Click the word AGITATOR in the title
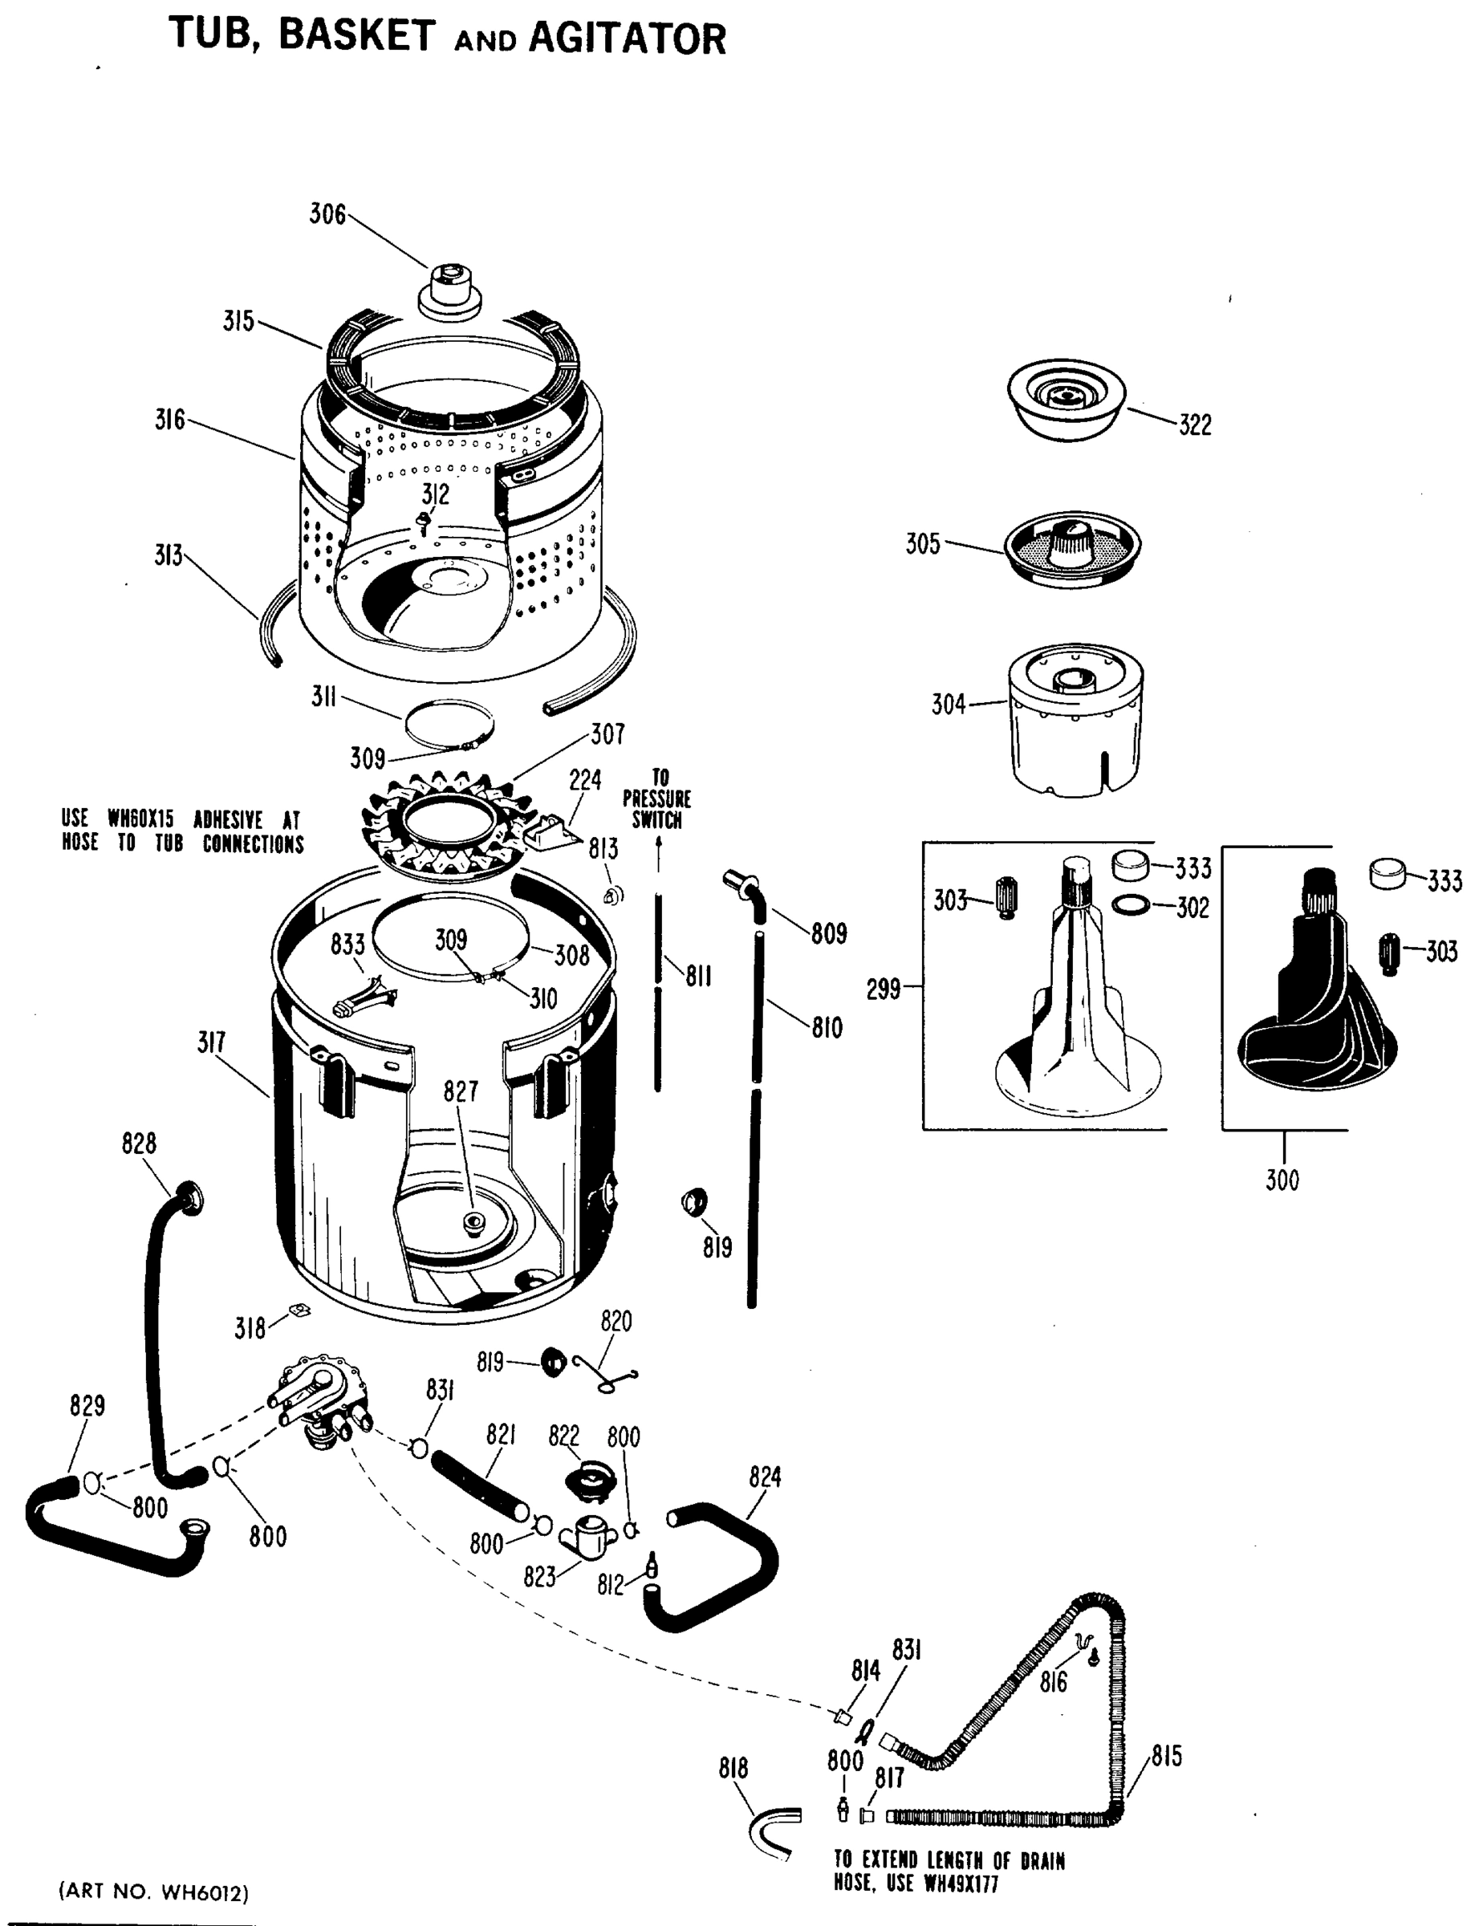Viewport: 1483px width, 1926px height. (627, 39)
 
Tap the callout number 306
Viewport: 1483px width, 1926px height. (327, 214)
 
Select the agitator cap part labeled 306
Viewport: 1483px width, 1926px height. (449, 291)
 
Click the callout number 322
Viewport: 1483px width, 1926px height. (1195, 425)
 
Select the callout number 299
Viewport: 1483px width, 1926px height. (883, 989)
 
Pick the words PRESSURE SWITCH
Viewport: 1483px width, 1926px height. (657, 809)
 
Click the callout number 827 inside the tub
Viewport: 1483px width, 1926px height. (461, 1091)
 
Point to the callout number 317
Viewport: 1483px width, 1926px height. (211, 1043)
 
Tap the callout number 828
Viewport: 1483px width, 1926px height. (138, 1144)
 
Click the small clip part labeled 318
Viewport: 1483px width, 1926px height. (300, 1310)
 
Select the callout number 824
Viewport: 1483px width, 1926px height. (765, 1477)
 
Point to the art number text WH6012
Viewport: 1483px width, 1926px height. (205, 1892)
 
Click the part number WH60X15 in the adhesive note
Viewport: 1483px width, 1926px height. (141, 819)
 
